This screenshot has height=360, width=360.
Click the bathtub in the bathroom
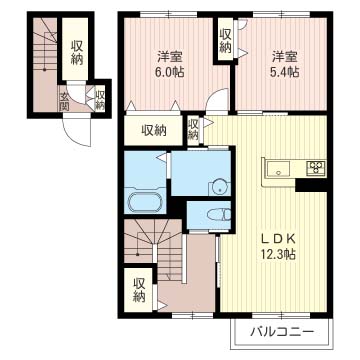coord(145,201)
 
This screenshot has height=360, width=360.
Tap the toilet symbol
coord(219,214)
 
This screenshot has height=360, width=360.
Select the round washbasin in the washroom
coord(219,188)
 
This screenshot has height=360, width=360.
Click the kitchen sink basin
coord(278,168)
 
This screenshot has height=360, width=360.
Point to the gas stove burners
coord(316,168)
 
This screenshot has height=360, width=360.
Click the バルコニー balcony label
coord(282,332)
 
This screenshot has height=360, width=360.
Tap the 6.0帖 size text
coord(171,72)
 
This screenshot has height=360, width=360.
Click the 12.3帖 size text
coord(278,255)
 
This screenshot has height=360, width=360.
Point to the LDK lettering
coord(278,238)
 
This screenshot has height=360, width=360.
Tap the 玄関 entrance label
coord(64,101)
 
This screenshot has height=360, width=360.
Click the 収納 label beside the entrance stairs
coord(76,53)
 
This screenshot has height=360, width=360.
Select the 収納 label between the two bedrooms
coord(226,42)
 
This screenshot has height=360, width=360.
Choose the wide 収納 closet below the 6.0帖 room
coord(154,131)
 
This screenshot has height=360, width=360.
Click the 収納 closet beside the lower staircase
coord(138,290)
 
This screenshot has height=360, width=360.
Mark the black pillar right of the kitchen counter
coord(311,185)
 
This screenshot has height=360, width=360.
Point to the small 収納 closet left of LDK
coord(193,130)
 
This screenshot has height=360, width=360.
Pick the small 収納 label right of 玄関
coord(100,99)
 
